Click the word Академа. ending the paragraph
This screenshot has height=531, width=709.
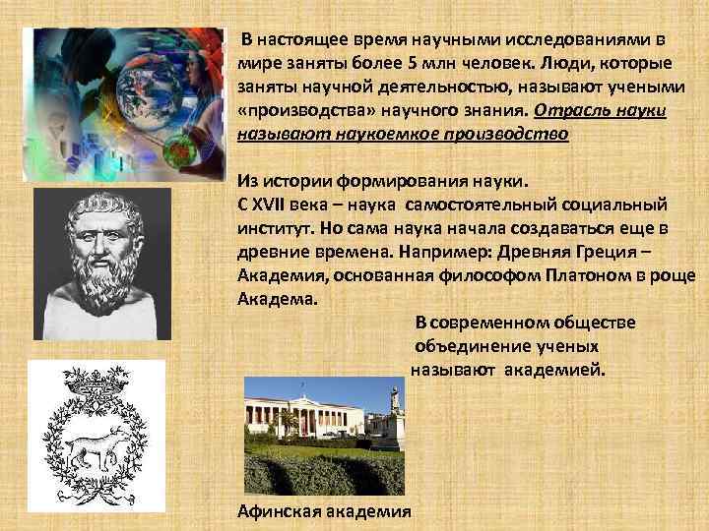click(279, 300)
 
